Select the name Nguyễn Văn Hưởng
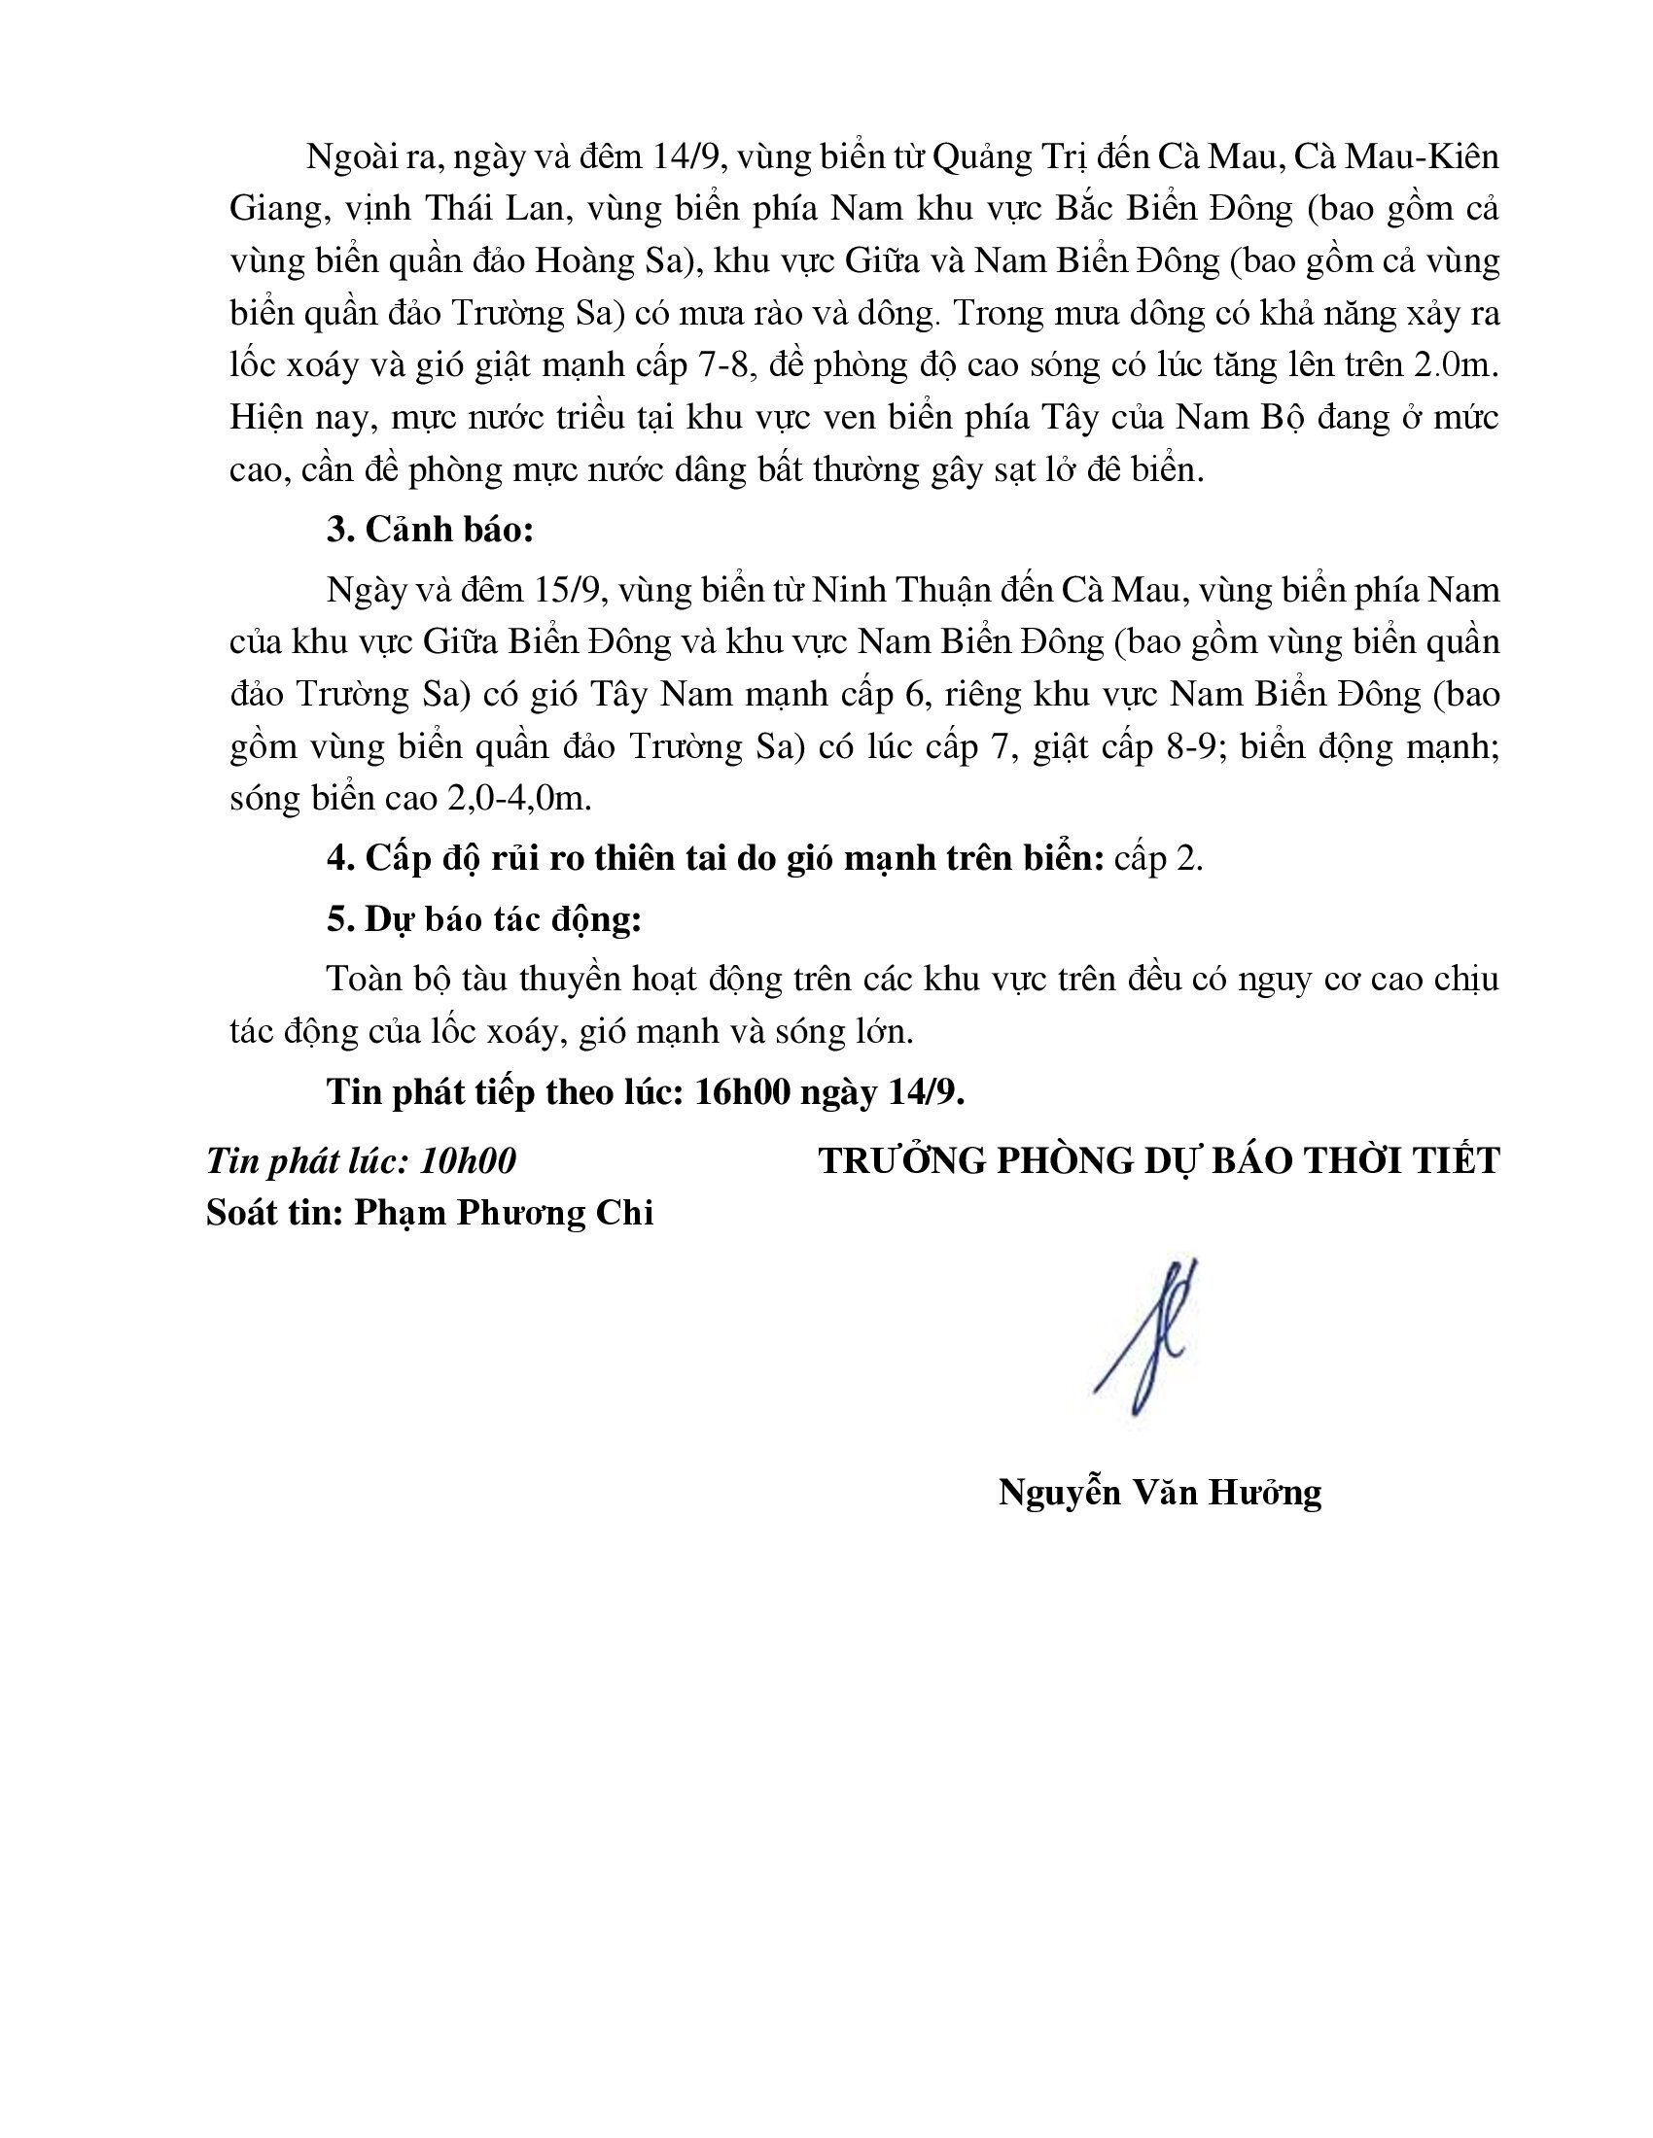1159,1492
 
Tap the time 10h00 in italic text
467,1161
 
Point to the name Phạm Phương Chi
504,1213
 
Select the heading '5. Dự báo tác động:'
484,920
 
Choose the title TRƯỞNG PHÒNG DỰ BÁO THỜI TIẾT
1158,1161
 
